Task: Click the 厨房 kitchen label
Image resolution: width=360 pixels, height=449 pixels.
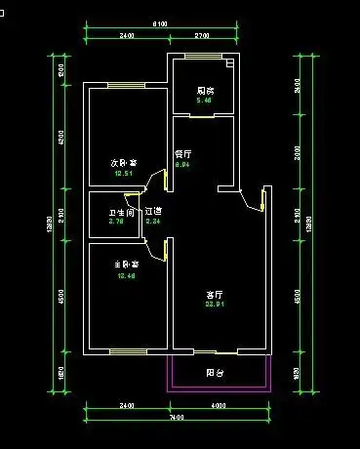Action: tap(205, 91)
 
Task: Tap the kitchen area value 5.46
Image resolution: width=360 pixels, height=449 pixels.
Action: tap(205, 101)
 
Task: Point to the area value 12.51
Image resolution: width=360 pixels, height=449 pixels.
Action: tap(123, 173)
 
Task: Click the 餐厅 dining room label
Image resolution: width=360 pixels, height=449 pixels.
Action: tap(182, 154)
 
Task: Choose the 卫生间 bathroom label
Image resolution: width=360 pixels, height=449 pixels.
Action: tap(121, 212)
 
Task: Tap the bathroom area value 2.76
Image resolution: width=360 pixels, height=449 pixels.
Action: tap(115, 222)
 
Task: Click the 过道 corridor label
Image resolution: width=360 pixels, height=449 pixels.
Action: tap(153, 211)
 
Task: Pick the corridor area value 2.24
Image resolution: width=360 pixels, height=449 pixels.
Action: tap(152, 222)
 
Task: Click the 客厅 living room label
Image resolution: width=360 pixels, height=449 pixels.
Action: tap(215, 294)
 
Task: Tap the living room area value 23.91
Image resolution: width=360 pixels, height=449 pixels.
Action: tap(215, 305)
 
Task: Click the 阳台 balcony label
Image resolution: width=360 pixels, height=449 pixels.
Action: tap(216, 372)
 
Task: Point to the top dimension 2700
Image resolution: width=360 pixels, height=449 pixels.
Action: tap(203, 36)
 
